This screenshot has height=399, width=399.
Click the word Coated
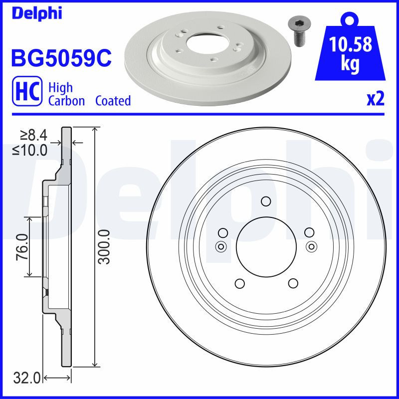point(113,101)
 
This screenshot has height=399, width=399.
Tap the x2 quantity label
point(375,99)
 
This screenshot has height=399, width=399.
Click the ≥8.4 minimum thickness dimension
point(33,135)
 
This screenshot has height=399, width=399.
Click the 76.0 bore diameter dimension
point(21,246)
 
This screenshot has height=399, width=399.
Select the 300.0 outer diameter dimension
point(104,246)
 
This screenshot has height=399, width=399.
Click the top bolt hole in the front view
point(266,201)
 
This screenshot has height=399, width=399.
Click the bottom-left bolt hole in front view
point(239,283)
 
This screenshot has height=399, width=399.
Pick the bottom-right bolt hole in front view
point(293,283)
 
